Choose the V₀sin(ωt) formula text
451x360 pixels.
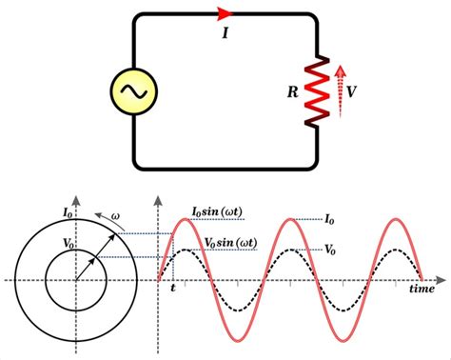[x=234, y=242]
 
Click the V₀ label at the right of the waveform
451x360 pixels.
[x=331, y=250]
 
